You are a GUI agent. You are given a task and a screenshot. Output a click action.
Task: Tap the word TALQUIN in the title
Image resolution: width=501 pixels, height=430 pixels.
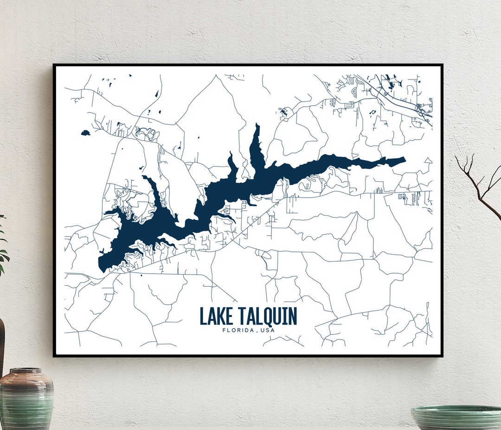pyautogui.click(x=268, y=316)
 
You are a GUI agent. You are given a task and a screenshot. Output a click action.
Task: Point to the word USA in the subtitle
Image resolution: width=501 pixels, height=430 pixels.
pyautogui.click(x=268, y=330)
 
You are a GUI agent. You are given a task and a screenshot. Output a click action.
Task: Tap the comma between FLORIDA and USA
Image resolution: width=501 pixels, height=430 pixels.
pyautogui.click(x=256, y=331)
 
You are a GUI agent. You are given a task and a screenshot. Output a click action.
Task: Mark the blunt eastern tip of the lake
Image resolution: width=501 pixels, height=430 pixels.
pyautogui.click(x=403, y=161)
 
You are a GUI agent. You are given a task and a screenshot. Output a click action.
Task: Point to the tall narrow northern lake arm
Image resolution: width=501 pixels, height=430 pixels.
pyautogui.click(x=256, y=144)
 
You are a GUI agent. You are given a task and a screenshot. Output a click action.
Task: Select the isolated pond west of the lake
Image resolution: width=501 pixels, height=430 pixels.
pyautogui.click(x=85, y=133)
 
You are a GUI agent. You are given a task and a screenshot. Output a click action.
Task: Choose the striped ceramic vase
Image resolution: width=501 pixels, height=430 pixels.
pyautogui.click(x=26, y=399)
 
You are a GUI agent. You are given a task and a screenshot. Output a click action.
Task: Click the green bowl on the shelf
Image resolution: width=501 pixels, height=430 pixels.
pyautogui.click(x=457, y=417)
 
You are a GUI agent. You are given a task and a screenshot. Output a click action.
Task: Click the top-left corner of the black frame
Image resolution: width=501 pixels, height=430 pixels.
pyautogui.click(x=54, y=65)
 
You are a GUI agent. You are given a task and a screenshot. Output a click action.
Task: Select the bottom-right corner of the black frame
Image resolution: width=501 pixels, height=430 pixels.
pyautogui.click(x=442, y=356)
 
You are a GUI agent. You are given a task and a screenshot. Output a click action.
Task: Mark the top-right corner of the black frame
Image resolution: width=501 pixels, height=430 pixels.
pyautogui.click(x=442, y=65)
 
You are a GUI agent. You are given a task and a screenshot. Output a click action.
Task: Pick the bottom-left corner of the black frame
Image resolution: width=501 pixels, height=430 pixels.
pyautogui.click(x=54, y=356)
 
